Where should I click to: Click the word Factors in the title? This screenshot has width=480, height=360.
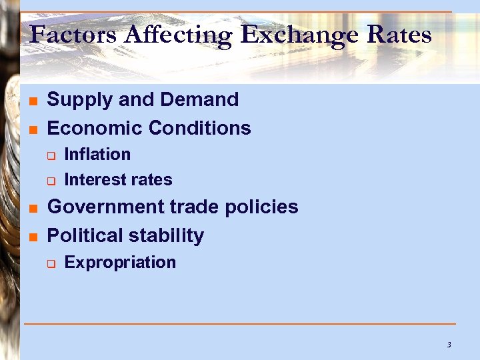coord(65,34)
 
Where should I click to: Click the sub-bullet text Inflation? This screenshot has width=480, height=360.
coord(97,154)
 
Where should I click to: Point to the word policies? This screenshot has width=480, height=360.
coord(261,207)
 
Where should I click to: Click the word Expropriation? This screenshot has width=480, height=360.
coord(120,263)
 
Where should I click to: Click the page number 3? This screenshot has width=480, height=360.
coord(449,345)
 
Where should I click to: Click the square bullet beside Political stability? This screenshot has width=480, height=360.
coord(32,237)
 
